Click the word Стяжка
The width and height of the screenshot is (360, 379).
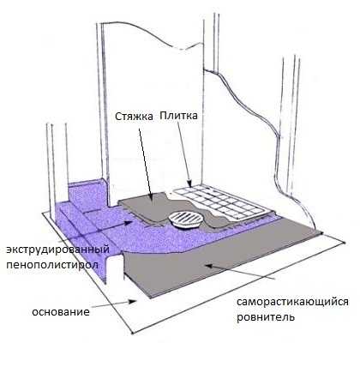pos(134,117)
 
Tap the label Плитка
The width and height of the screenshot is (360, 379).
pos(178,116)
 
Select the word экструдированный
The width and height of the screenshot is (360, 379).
pos(58,250)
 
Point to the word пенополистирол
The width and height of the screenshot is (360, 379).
pos(52,264)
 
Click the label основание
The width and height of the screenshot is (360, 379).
pos(61,311)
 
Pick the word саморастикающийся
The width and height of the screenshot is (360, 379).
pos(292,302)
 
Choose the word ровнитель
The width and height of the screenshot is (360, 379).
pos(266,317)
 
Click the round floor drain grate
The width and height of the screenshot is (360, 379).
pos(186,220)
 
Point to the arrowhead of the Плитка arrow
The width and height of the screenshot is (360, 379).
pos(189,183)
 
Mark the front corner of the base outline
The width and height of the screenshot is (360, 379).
pos(133,334)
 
